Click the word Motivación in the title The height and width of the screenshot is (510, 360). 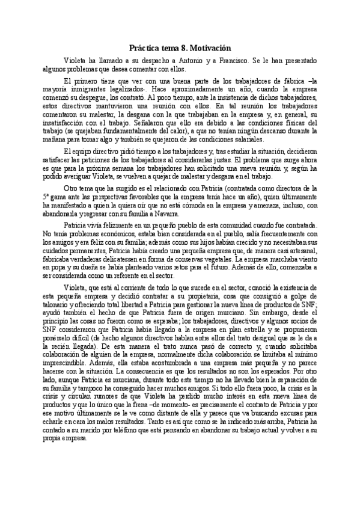[x=207, y=47]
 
